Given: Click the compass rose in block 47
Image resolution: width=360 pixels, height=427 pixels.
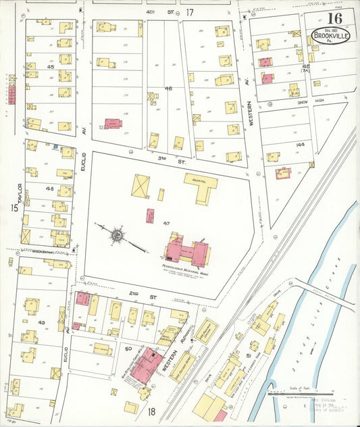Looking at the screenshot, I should coord(117,236).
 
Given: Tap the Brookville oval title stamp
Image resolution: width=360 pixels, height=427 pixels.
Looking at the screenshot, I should coord(330,36).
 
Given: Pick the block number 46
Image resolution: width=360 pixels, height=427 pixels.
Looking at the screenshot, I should coord(168,89).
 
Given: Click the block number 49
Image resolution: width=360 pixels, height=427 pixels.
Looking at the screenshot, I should coord(41,323).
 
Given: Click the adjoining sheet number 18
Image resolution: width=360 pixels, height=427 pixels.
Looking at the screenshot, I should coord(152,411).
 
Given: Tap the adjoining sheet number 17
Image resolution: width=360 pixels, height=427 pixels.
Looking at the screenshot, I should coord(190,12).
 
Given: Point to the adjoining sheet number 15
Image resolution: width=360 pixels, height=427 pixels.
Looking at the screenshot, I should coord(14,208).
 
